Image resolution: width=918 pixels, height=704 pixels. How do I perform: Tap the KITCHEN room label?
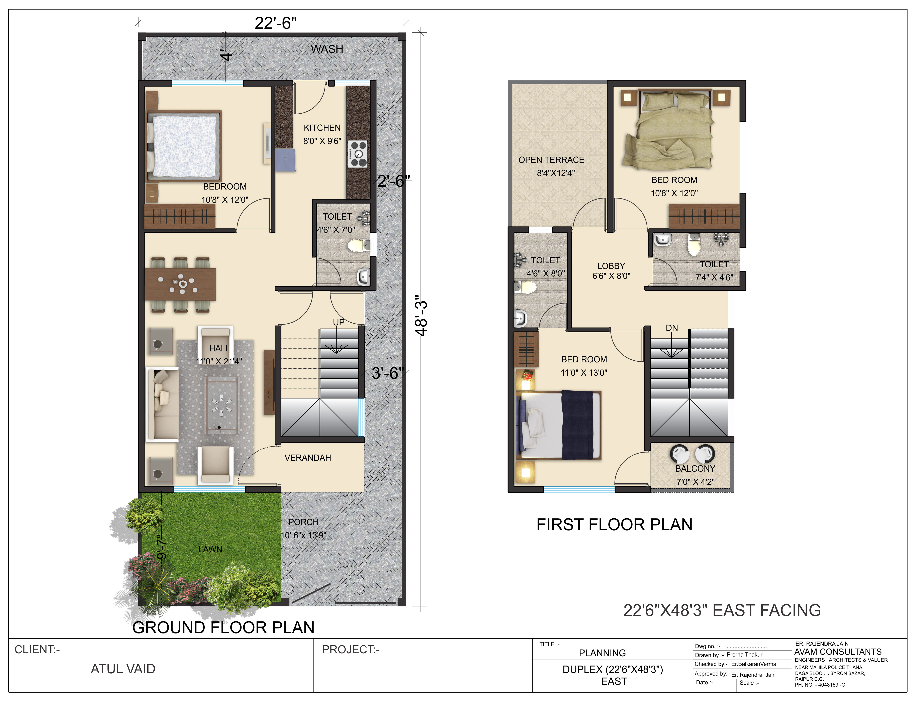(322, 128)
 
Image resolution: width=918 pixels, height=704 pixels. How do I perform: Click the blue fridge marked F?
(285, 160)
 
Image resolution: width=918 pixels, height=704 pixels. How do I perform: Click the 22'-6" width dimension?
(275, 23)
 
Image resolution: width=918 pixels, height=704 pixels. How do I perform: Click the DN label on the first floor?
(671, 328)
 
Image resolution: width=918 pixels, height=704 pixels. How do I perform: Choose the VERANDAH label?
(308, 458)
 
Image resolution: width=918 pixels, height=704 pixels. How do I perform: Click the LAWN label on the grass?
(210, 549)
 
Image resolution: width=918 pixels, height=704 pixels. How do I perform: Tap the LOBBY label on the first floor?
(611, 266)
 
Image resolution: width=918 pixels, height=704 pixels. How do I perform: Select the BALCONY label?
(695, 468)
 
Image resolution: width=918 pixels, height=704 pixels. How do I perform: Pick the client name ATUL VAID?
(123, 669)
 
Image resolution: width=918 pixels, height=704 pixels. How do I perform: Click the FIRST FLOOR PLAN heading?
(615, 525)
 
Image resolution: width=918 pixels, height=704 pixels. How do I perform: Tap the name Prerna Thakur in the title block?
(744, 655)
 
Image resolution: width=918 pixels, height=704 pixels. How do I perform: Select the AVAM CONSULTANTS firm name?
(838, 652)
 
